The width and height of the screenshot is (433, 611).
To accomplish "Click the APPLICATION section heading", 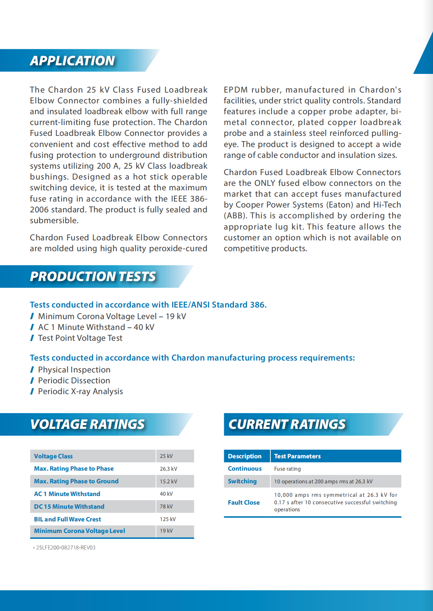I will [x=72, y=61].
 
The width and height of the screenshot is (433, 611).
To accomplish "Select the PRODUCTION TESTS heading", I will [x=93, y=277].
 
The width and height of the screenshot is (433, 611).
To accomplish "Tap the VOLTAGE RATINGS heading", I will [x=87, y=424].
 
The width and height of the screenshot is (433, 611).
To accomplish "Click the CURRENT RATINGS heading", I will [x=287, y=424].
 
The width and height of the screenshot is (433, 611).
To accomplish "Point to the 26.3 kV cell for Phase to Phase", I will [x=168, y=469].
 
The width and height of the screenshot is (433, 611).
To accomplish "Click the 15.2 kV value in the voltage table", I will [x=168, y=481].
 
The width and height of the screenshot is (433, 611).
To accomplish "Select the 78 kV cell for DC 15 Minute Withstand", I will [x=166, y=506].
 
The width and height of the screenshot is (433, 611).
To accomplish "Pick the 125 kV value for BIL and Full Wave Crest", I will [x=168, y=519].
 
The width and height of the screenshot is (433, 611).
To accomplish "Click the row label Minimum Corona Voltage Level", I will [x=80, y=531].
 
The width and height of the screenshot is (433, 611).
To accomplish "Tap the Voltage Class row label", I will [x=53, y=456].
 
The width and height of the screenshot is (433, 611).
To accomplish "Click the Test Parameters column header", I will [x=297, y=456].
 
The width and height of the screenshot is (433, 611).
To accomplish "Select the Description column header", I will [x=245, y=456].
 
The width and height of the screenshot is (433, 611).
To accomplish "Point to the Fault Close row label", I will [x=244, y=502].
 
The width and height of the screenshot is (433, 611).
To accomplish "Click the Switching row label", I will [x=242, y=481].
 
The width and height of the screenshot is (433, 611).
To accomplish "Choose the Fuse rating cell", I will [x=287, y=469].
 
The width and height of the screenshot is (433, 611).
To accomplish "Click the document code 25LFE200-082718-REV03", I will [x=66, y=548].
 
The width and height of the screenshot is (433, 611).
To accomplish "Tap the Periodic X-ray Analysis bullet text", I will [x=80, y=391].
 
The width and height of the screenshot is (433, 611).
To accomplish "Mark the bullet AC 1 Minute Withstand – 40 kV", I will [x=96, y=327].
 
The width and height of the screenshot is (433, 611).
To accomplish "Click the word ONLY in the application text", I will [x=265, y=183].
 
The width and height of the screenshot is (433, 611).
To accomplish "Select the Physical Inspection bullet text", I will [x=74, y=370].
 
